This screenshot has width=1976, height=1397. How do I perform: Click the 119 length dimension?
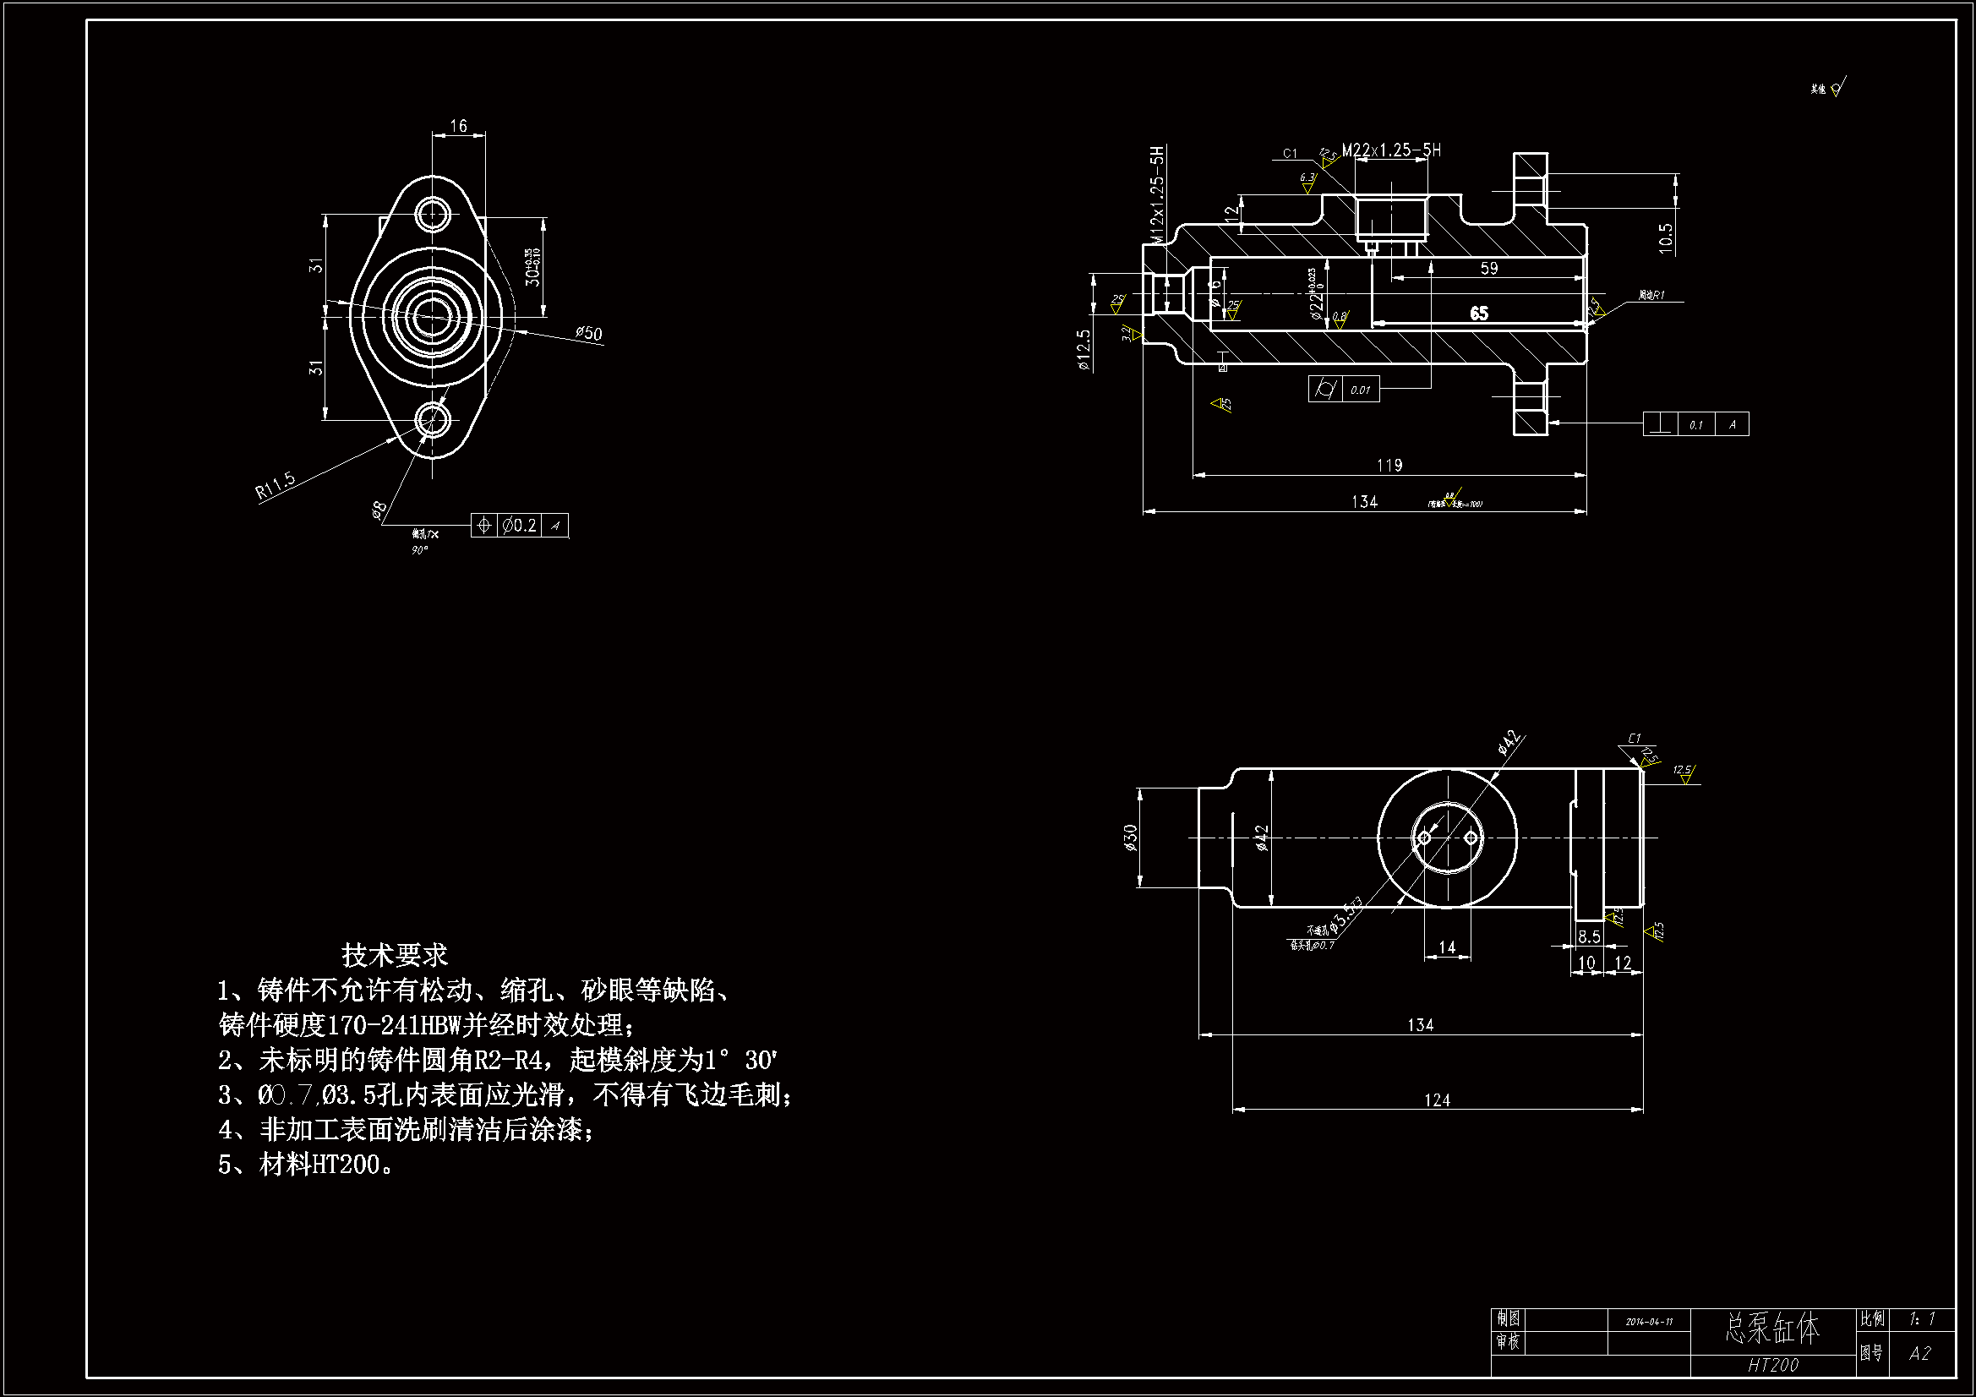tap(1389, 466)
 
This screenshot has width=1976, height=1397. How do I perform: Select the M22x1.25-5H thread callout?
tap(1391, 150)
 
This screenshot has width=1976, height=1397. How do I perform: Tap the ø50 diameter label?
tap(589, 333)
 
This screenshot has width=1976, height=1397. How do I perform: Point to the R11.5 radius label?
tap(276, 484)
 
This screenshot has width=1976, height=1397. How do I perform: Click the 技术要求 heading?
tap(394, 954)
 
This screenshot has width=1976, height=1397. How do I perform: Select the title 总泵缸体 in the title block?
tap(1772, 1329)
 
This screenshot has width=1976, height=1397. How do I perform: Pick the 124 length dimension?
tap(1437, 1100)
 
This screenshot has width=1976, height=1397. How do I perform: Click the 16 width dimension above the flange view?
tap(459, 127)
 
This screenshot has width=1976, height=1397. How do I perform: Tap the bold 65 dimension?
tap(1478, 314)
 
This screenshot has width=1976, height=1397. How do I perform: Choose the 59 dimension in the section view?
tap(1489, 269)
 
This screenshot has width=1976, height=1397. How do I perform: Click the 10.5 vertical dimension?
tap(1665, 238)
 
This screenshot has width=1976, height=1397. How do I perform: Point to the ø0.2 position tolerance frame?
tap(520, 525)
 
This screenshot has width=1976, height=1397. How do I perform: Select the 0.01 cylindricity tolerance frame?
tap(1345, 389)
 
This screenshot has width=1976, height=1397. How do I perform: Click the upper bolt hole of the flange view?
tap(432, 213)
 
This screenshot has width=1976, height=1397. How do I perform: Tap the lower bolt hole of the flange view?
tap(432, 420)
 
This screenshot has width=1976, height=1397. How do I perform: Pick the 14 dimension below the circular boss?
tap(1447, 947)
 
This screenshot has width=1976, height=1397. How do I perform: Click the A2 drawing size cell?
tap(1919, 1354)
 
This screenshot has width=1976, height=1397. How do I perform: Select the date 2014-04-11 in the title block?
tap(1649, 1321)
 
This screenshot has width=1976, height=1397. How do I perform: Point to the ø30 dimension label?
tap(1130, 838)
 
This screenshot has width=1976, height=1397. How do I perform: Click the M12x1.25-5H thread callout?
tap(1158, 195)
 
